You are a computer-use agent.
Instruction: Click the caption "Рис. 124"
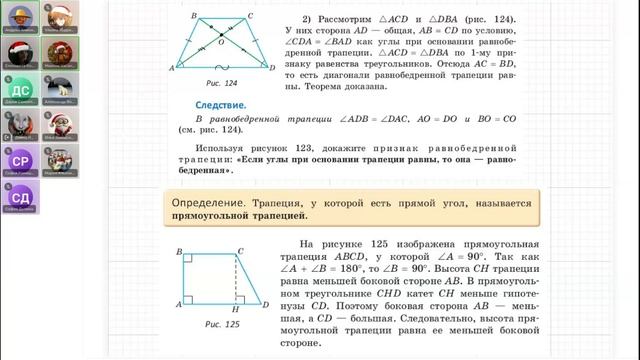209,83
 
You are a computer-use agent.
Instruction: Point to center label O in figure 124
207,44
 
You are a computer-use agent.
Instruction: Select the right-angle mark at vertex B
189,259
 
